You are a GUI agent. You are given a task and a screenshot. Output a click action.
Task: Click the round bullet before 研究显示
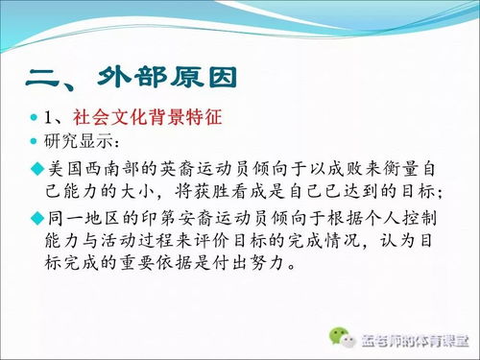point(36,143)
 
